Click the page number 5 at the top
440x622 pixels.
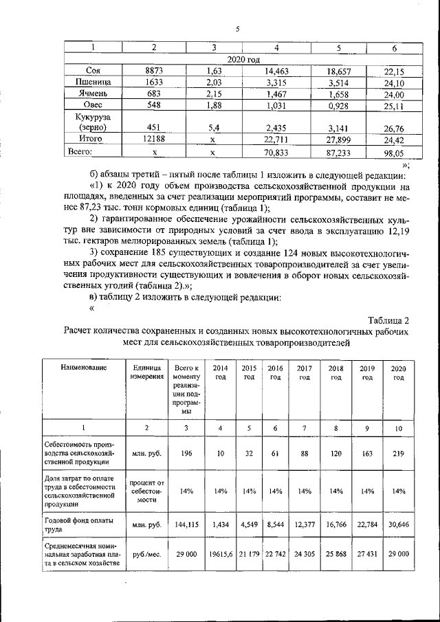click(236, 28)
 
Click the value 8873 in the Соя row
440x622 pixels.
click(154, 70)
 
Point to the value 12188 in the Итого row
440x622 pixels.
click(154, 138)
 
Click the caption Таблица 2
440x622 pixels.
click(388, 320)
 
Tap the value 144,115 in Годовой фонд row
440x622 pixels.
click(186, 524)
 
